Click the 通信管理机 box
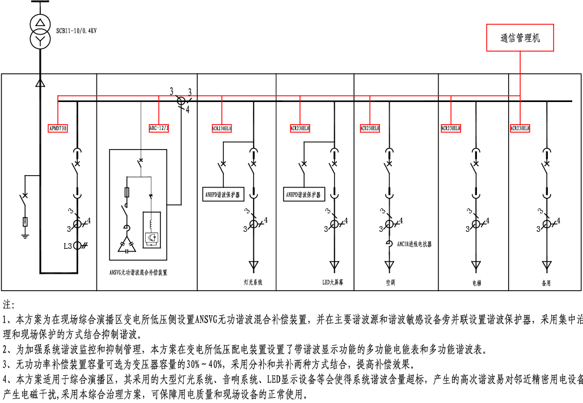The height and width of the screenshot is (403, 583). pos(520,39)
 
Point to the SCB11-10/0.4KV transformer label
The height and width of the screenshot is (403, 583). pos(76,31)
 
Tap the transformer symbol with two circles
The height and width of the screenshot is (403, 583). pos(40,32)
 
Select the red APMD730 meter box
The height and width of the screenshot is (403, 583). pos(57,129)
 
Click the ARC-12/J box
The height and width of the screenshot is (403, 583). pos(159,128)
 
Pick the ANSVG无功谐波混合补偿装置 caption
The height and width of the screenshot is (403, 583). pos(138,273)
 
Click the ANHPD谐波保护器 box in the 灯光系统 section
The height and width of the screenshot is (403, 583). pos(222,195)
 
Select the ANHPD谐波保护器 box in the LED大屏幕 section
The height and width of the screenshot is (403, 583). pos(303,195)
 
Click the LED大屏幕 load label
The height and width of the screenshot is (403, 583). pos(333,282)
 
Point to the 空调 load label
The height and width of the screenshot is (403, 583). pos(390,282)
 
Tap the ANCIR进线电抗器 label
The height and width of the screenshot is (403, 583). pos(414,244)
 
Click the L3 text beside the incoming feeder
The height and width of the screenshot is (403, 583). pos(67,246)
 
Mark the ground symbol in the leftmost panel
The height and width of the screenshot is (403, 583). pos(24,232)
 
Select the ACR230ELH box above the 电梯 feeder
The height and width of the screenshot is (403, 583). pos(451,129)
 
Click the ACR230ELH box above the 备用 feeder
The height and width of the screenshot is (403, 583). pos(520,129)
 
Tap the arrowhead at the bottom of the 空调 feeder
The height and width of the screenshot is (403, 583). pos(389,265)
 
